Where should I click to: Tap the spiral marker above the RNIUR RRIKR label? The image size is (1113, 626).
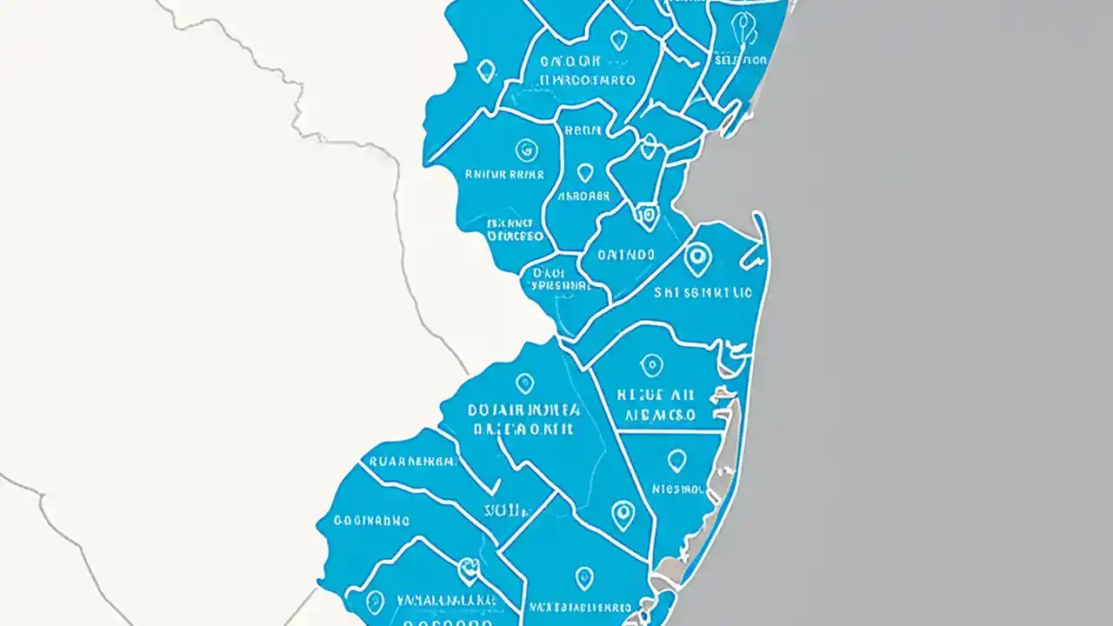pos(525,150)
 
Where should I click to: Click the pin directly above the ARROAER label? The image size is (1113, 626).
pos(584,172)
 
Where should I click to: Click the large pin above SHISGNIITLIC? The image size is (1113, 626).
pos(696,257)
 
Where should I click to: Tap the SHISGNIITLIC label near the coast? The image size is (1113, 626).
pos(703,294)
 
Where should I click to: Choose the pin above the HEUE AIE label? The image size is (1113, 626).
pos(650,364)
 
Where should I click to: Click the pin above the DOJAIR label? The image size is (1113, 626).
pos(523,383)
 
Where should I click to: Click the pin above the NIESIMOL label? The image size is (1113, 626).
pos(676,459)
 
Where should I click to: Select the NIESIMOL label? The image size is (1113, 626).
pos(677,489)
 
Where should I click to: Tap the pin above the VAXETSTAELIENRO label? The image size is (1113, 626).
pos(584,576)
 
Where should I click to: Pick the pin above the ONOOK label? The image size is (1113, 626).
pos(617,39)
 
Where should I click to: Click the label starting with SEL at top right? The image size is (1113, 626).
pos(739,61)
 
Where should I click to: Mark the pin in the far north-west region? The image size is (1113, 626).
pos(485,70)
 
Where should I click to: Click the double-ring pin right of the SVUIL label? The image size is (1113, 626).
pos(623,515)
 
